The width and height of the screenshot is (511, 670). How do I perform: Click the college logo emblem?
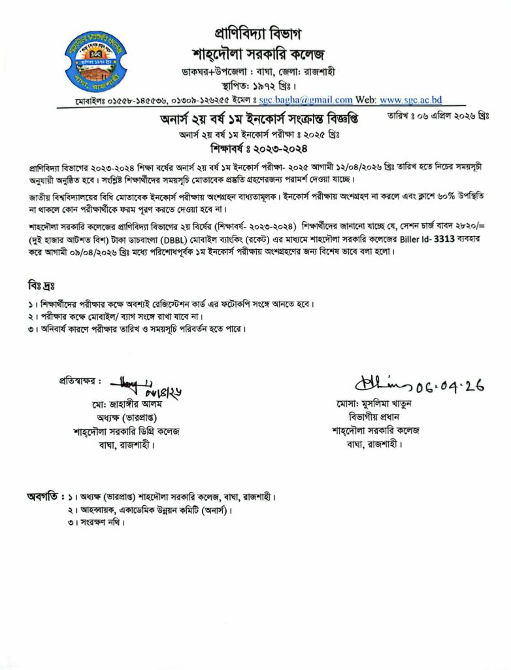(96, 60)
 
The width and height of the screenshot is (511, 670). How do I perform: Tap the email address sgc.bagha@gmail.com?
(306, 100)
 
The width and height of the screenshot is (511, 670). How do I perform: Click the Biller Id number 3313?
(440, 239)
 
